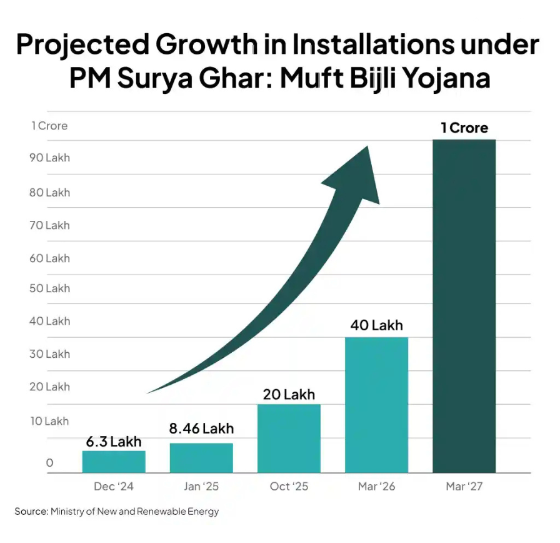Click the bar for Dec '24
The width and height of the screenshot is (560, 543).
(114, 462)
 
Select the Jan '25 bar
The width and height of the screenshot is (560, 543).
(201, 458)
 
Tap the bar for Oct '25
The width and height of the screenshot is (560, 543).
(289, 438)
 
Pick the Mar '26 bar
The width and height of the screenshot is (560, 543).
(376, 405)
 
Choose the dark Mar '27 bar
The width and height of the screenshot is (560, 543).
(464, 307)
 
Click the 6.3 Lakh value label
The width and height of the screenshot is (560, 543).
(114, 442)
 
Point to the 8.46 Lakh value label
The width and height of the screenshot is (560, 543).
(201, 429)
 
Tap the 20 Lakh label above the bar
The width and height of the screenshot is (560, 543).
(289, 395)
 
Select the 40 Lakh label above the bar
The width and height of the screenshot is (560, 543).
(376, 325)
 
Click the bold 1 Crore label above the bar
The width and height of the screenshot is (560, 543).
(464, 128)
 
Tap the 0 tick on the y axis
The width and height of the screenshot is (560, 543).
(49, 464)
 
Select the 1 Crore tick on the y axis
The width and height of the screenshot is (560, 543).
(49, 126)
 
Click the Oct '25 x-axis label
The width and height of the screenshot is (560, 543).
(289, 487)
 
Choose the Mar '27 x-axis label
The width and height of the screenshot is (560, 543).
(464, 487)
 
